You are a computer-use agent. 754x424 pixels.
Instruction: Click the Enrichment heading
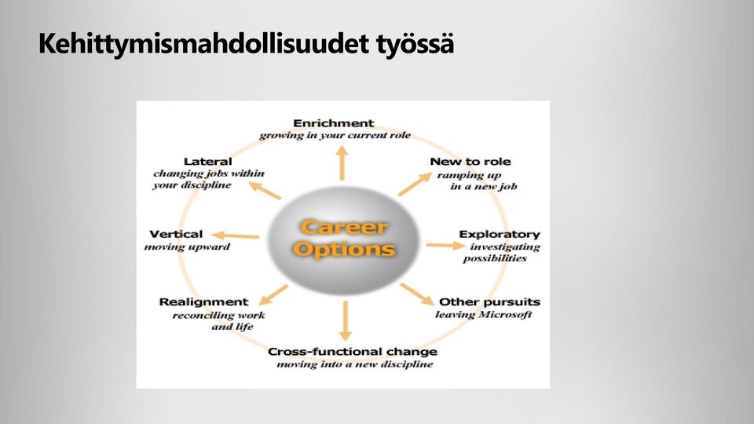(333, 123)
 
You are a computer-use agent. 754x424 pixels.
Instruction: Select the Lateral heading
(207, 162)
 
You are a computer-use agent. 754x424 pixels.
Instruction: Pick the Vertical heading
(176, 234)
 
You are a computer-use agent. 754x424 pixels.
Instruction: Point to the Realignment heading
(204, 302)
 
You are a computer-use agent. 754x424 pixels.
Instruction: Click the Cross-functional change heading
(353, 352)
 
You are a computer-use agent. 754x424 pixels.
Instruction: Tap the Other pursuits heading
(489, 302)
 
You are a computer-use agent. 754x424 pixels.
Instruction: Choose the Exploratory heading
(500, 234)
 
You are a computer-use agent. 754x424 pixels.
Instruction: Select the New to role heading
(470, 162)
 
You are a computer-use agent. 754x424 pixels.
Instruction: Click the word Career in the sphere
(344, 227)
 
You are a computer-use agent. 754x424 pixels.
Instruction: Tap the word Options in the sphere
(344, 249)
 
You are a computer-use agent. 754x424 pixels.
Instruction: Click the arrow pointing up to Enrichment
(342, 163)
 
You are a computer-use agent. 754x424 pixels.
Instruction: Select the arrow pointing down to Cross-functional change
(345, 321)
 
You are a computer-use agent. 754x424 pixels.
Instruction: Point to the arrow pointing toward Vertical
(235, 236)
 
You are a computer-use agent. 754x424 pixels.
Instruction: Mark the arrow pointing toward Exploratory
(446, 246)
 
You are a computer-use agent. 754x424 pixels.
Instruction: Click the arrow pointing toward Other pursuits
(417, 294)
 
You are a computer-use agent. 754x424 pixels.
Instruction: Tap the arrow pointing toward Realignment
(273, 295)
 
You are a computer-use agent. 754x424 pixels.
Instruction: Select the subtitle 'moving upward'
(187, 247)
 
